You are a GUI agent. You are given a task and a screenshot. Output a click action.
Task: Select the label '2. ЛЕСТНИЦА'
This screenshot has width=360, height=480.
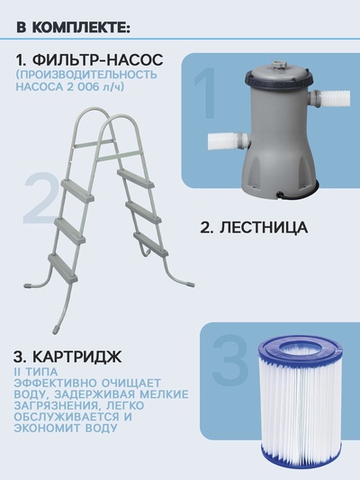[253, 228]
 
